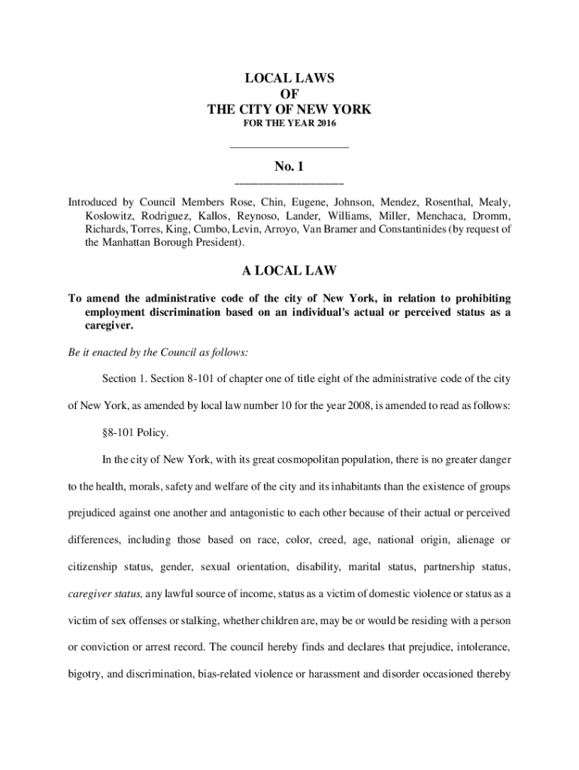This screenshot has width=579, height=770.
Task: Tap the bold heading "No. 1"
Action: (289, 166)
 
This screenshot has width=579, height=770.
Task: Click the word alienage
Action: (479, 540)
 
